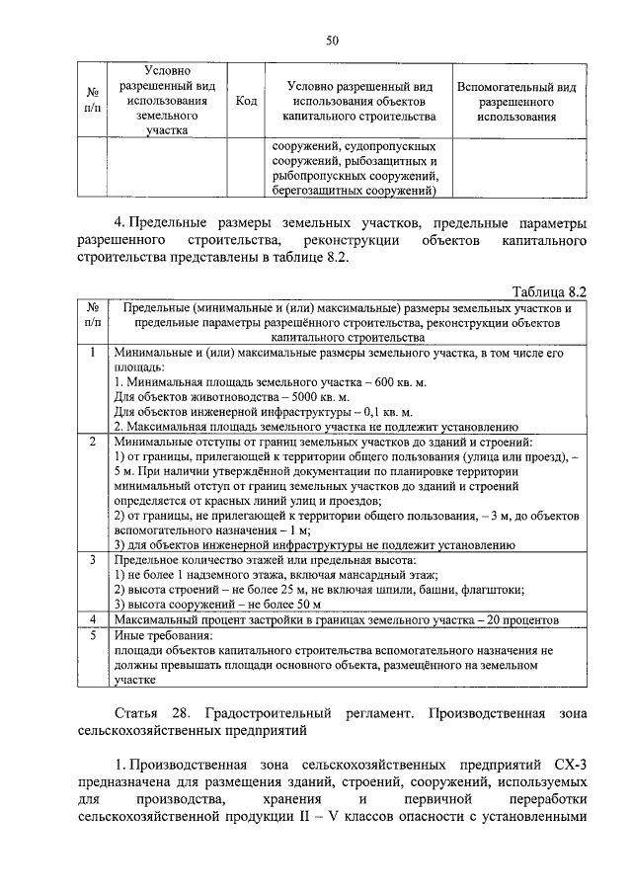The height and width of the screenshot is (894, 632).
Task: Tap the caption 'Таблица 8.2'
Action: [551, 291]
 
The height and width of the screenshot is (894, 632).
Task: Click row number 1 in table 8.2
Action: [92, 352]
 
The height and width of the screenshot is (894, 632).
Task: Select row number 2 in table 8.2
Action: [92, 441]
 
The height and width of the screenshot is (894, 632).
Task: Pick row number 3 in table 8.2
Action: [92, 559]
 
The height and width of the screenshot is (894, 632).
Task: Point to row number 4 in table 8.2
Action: [92, 619]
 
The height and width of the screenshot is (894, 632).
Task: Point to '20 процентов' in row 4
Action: [520, 619]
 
